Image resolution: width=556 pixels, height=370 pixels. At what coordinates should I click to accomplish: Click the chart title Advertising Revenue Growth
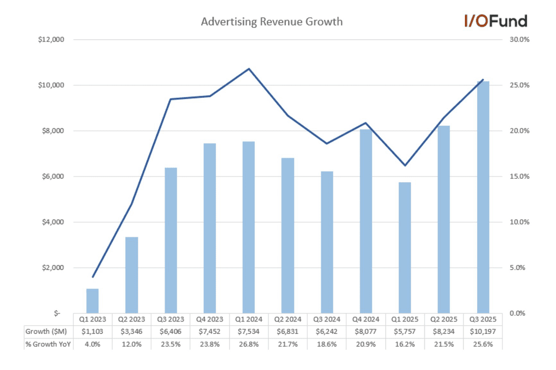(x=271, y=22)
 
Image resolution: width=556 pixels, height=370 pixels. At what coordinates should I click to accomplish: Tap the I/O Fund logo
(x=495, y=21)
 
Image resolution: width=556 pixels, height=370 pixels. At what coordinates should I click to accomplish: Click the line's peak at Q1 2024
(x=249, y=69)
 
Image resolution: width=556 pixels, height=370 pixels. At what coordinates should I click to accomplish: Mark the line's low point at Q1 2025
(x=405, y=165)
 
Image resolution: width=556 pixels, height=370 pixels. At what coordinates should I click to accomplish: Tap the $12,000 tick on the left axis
(x=50, y=40)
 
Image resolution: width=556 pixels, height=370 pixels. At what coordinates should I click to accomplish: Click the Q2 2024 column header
(x=288, y=319)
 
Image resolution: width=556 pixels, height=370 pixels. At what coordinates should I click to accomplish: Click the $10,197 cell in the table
(x=483, y=331)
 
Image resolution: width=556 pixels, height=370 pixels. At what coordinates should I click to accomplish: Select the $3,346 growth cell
(x=131, y=331)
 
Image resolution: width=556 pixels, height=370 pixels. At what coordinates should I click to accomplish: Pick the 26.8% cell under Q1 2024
(x=249, y=344)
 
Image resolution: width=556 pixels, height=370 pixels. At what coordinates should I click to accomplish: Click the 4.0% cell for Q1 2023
(x=92, y=344)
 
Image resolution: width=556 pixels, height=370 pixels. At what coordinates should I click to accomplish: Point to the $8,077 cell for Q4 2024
(x=366, y=331)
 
